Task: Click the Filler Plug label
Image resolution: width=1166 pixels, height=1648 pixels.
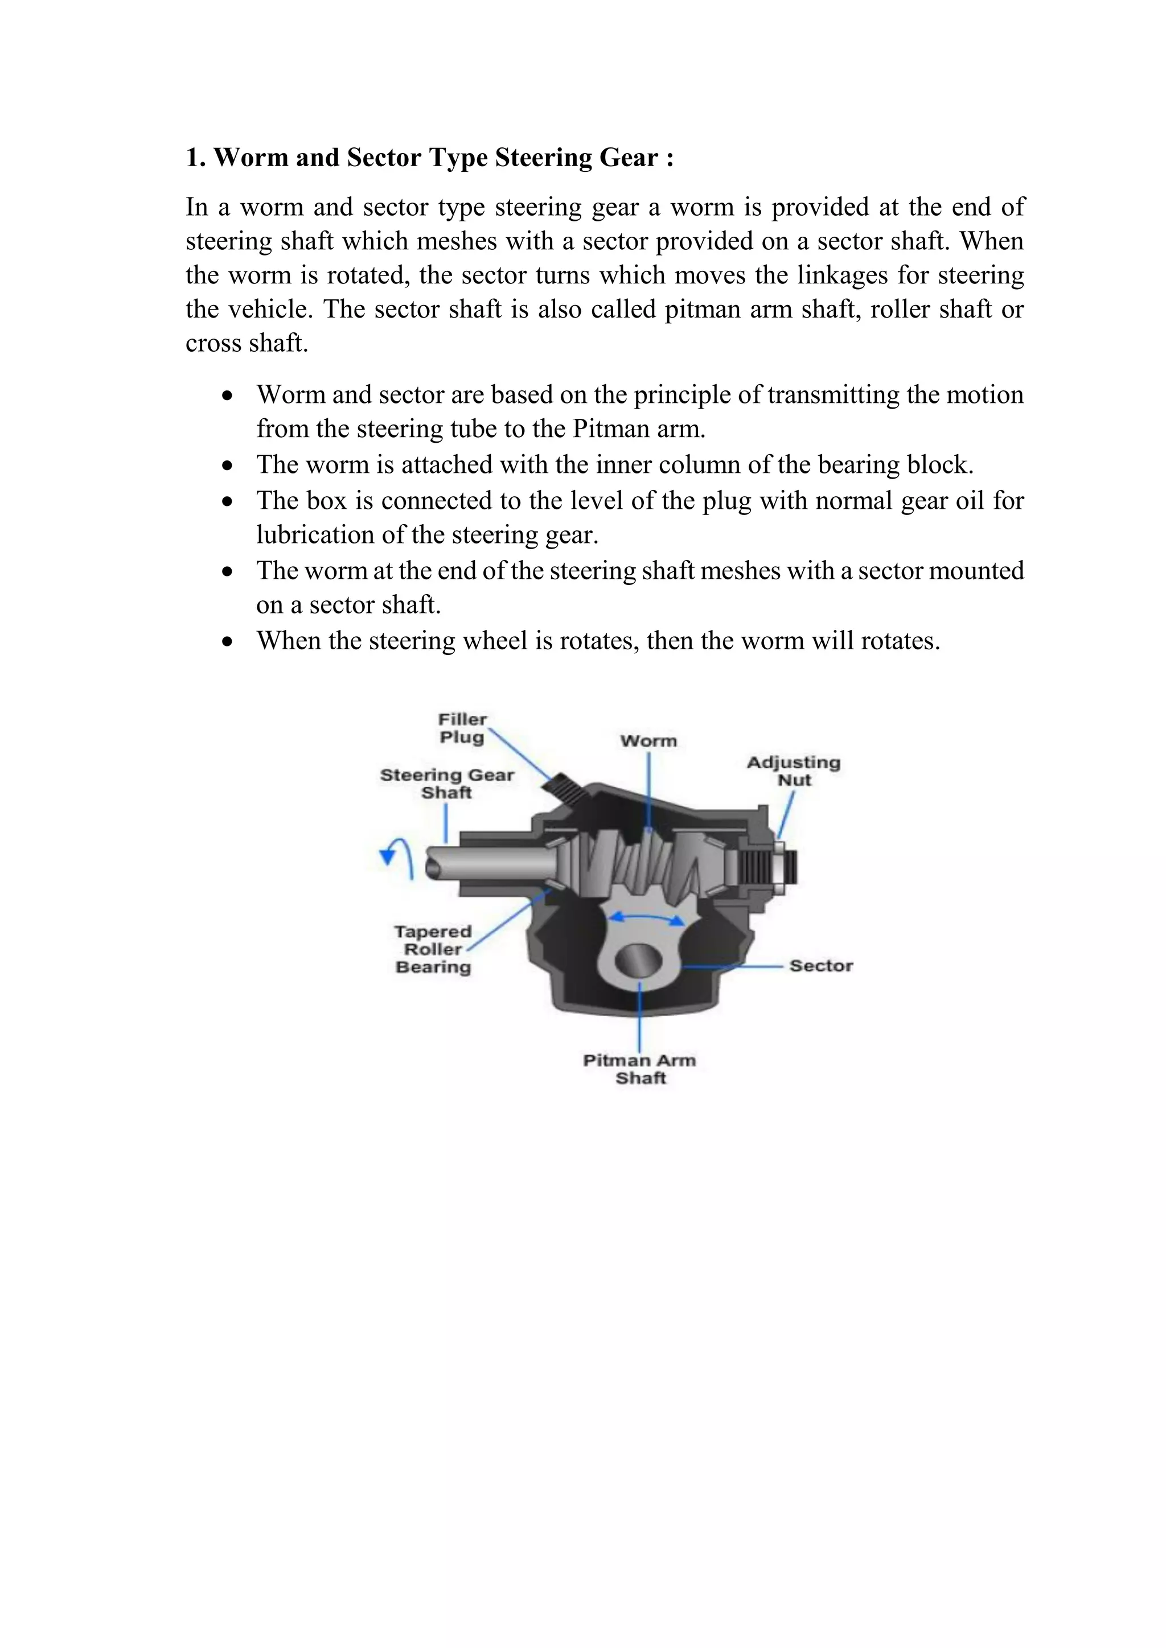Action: pyautogui.click(x=462, y=728)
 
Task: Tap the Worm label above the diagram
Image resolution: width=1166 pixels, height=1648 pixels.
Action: pyautogui.click(x=648, y=741)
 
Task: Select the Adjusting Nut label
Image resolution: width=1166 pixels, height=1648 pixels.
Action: pyautogui.click(x=793, y=771)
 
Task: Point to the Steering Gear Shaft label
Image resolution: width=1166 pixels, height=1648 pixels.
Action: pyautogui.click(x=446, y=783)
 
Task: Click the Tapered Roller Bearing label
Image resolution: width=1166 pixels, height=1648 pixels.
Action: pyautogui.click(x=433, y=949)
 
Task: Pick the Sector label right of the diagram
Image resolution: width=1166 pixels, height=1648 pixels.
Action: pyautogui.click(x=820, y=965)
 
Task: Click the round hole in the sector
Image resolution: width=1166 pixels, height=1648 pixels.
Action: pyautogui.click(x=638, y=959)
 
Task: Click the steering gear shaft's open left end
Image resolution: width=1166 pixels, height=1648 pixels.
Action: pyautogui.click(x=433, y=868)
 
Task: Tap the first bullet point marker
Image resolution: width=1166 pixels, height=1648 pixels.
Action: pyautogui.click(x=228, y=396)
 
